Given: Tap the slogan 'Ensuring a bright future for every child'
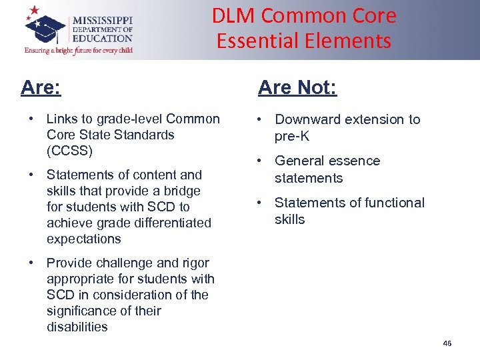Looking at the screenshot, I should pos(78,50).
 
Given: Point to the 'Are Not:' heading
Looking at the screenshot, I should pos(297,87).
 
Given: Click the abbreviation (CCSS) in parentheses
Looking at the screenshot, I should pos(69,151).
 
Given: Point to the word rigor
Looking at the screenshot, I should pos(193,263).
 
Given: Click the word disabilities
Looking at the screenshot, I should pos(77,327).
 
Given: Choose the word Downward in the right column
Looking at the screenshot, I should pos(307,119).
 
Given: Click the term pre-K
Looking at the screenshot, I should pos(292,137).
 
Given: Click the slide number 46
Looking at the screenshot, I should pos(447,343).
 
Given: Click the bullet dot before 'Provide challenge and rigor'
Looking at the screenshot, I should pos(31,263).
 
